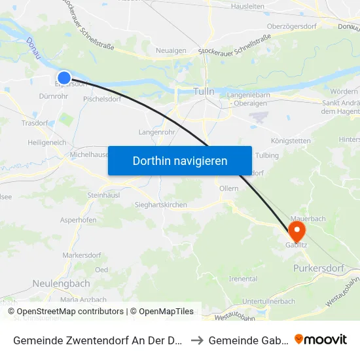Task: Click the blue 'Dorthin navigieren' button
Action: coord(179,160)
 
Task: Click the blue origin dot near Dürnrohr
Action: coord(64,78)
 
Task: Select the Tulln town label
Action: coord(204,92)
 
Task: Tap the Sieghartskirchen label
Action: coord(160,205)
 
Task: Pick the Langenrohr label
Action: coord(155,132)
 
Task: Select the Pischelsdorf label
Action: coord(102,99)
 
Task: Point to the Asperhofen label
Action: coord(79,221)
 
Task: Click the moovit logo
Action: coord(321,339)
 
